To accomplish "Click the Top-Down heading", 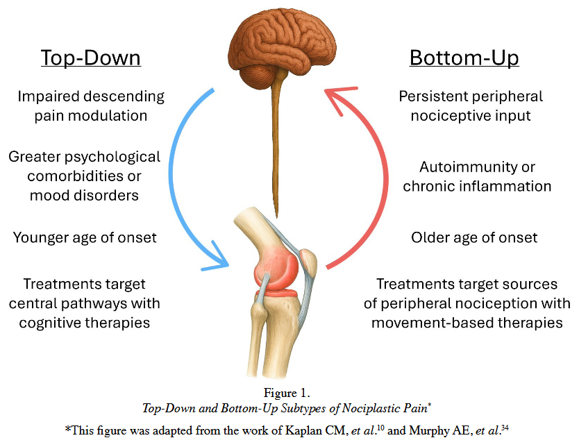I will click(91, 58).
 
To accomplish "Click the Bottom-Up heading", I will click(464, 58).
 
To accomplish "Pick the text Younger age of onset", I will click(85, 237).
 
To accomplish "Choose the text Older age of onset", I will click(474, 237).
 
